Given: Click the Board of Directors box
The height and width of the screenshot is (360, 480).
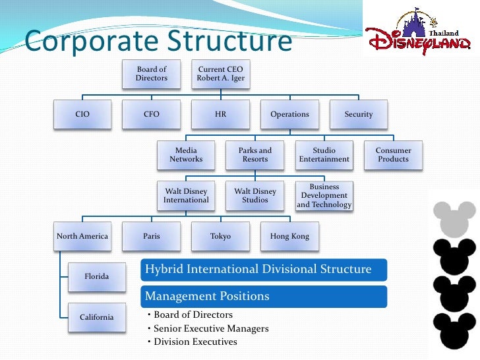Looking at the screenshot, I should pyautogui.click(x=152, y=74).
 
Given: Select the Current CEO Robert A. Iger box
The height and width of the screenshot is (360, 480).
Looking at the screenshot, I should pyautogui.click(x=220, y=74).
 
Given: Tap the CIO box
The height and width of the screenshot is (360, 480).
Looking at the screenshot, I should pyautogui.click(x=82, y=114).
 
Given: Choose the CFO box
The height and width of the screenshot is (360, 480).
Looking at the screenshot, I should pyautogui.click(x=152, y=114).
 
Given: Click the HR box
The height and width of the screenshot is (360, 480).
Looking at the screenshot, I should pyautogui.click(x=220, y=114).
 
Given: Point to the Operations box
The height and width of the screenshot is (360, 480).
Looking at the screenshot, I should pyautogui.click(x=289, y=114).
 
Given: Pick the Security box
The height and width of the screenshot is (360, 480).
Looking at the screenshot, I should pyautogui.click(x=359, y=114).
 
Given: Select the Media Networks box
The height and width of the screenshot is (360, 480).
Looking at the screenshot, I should pyautogui.click(x=186, y=155).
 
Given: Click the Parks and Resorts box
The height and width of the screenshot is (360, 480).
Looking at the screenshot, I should pyautogui.click(x=255, y=155).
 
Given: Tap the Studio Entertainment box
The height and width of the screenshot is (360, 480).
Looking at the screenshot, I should pyautogui.click(x=324, y=155).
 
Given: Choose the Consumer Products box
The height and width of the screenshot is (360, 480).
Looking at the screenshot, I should pyautogui.click(x=394, y=155).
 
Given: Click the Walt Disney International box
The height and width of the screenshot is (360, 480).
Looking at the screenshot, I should pyautogui.click(x=186, y=196).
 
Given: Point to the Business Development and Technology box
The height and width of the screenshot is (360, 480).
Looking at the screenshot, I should pyautogui.click(x=324, y=196).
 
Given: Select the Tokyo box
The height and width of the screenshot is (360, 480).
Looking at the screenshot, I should pyautogui.click(x=220, y=236).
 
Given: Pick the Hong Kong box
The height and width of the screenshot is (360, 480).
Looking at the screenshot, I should pyautogui.click(x=289, y=236).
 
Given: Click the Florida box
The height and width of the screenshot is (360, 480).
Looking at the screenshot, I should pyautogui.click(x=97, y=276).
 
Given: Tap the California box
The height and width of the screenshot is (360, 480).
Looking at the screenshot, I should pyautogui.click(x=97, y=317).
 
